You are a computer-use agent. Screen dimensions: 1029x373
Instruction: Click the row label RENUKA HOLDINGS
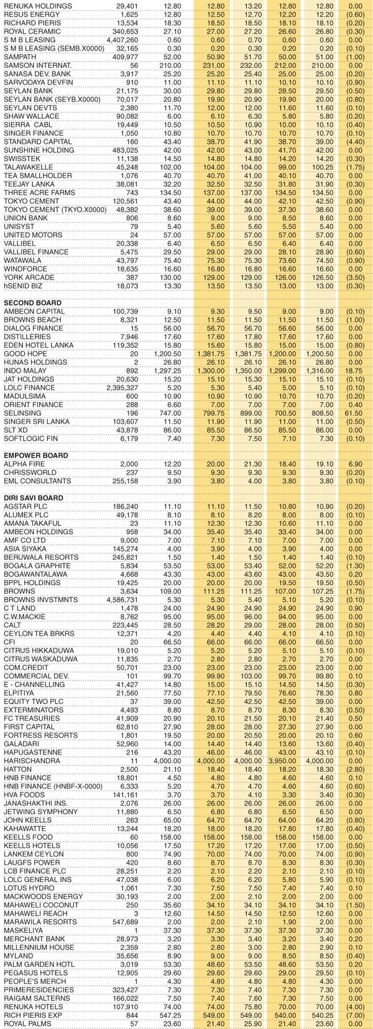[x=38, y=6]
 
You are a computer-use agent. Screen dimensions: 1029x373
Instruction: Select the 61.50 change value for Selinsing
[x=356, y=413]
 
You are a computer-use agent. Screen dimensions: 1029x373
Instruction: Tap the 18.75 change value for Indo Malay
[x=356, y=370]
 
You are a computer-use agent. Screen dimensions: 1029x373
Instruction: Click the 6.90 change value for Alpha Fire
[x=357, y=464]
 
